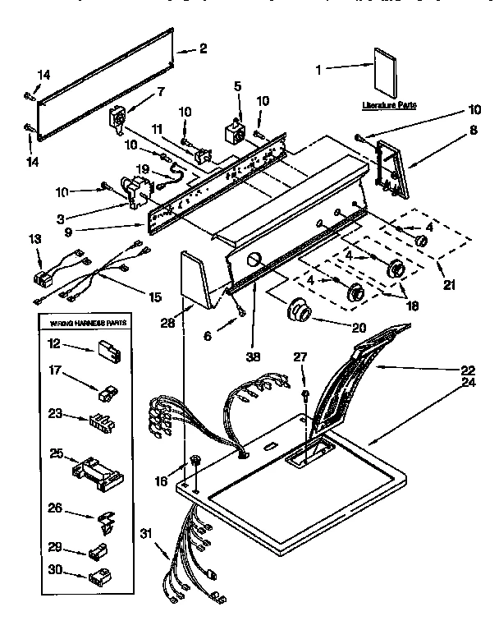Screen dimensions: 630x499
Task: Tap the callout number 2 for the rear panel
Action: tap(204, 50)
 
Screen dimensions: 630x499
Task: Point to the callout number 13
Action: tap(34, 238)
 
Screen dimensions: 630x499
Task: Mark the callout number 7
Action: tap(160, 91)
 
